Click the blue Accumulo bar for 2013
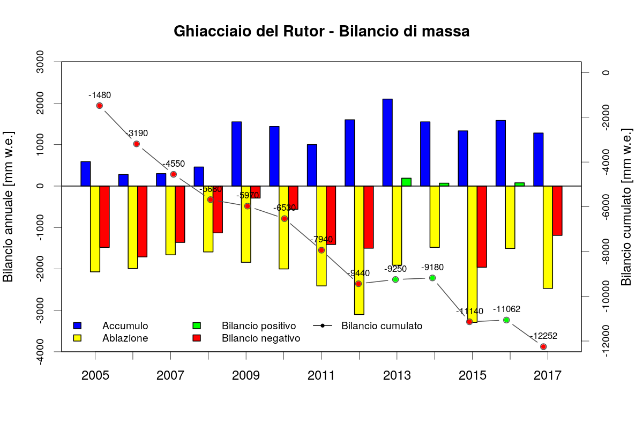click(387, 142)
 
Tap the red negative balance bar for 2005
click(104, 217)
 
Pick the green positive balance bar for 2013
click(406, 182)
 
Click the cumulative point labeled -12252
click(543, 347)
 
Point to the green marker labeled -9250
click(395, 279)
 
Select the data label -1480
click(100, 95)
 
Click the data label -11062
click(507, 309)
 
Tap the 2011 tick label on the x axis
click(322, 375)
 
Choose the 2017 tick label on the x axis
click(548, 375)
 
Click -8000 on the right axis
click(606, 252)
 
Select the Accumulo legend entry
click(125, 326)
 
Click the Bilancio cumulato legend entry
click(382, 326)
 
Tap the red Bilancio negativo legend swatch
click(197, 338)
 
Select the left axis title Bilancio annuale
click(9, 206)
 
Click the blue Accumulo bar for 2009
click(236, 153)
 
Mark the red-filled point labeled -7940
click(322, 250)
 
